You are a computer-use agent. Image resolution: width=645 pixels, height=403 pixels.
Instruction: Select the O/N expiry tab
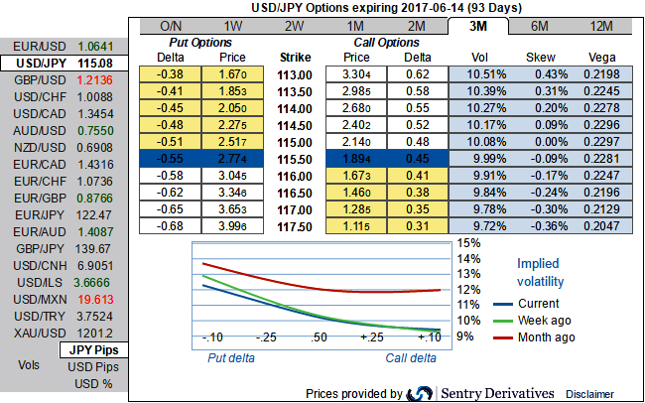[x=171, y=25]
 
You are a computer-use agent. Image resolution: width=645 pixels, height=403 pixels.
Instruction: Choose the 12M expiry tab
[x=600, y=25]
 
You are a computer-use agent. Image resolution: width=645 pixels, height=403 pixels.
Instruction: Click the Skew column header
[x=542, y=58]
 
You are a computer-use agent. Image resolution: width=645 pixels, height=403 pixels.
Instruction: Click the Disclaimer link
[x=590, y=393]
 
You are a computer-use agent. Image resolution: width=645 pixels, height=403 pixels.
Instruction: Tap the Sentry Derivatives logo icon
[x=419, y=392]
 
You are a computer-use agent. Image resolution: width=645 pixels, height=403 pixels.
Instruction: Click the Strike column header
[x=296, y=58]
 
